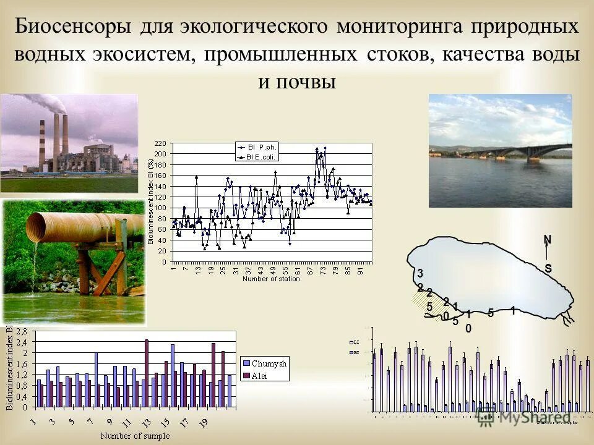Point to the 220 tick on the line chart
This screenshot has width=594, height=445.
pos(160,143)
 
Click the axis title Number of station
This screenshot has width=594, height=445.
pos(271,279)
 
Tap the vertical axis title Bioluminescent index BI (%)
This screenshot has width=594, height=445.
pos(150,201)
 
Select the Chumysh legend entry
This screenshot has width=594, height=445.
pos(271,363)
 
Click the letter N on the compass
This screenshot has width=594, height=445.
pos(547,239)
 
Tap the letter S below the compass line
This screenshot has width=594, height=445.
pos(548,269)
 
